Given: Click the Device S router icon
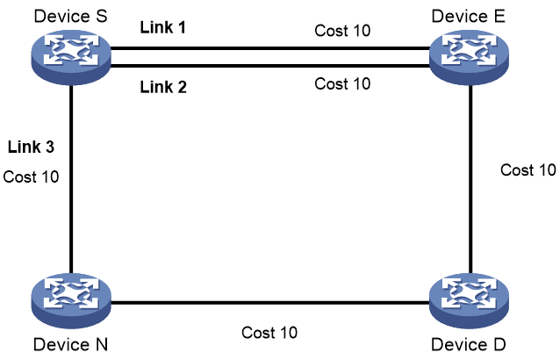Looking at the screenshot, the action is (x=71, y=57).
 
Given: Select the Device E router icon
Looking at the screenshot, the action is (x=469, y=57).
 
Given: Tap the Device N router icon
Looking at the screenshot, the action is (x=71, y=300).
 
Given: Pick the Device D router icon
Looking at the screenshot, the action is (x=469, y=300).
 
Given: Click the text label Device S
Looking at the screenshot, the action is (x=70, y=17).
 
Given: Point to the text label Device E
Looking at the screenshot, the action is (x=468, y=17).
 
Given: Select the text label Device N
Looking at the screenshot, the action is (x=70, y=345).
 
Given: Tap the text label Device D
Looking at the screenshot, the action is (x=468, y=345).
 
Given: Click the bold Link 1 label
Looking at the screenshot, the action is (x=163, y=27).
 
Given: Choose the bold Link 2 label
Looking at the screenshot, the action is (x=163, y=87).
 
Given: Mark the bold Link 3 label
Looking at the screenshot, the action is (x=31, y=147).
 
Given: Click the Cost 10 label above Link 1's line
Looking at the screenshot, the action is (x=342, y=31).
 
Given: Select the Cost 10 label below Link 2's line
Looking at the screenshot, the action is (x=342, y=84).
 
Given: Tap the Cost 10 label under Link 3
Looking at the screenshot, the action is (x=31, y=176).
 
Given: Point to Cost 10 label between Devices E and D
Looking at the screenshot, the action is (x=528, y=170).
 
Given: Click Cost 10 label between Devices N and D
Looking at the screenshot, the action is (x=269, y=333).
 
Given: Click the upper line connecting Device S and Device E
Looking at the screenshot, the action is (x=270, y=48).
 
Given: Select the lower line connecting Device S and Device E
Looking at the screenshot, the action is (x=270, y=66).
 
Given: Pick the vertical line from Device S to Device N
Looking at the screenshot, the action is (x=71, y=180).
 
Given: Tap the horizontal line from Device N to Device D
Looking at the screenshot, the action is (x=270, y=303).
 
